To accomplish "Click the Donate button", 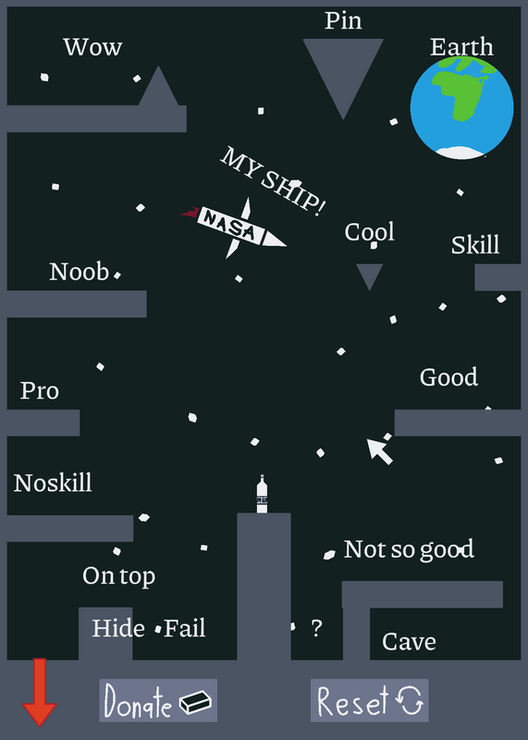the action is (158, 700).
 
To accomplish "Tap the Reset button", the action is (370, 700).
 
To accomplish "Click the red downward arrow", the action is (40, 692).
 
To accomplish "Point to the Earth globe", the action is (462, 107).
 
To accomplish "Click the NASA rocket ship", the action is (234, 228).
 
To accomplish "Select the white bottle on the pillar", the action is (262, 494).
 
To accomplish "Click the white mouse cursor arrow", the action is (379, 451).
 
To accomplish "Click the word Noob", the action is (80, 272).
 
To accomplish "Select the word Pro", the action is (40, 390).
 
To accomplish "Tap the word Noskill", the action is (53, 483).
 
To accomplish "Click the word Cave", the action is (409, 641).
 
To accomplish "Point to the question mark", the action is (316, 628).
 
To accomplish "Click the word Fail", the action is (185, 628).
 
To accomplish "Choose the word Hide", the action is (118, 628).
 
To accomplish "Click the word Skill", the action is (475, 245).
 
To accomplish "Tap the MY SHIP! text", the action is (273, 181).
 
